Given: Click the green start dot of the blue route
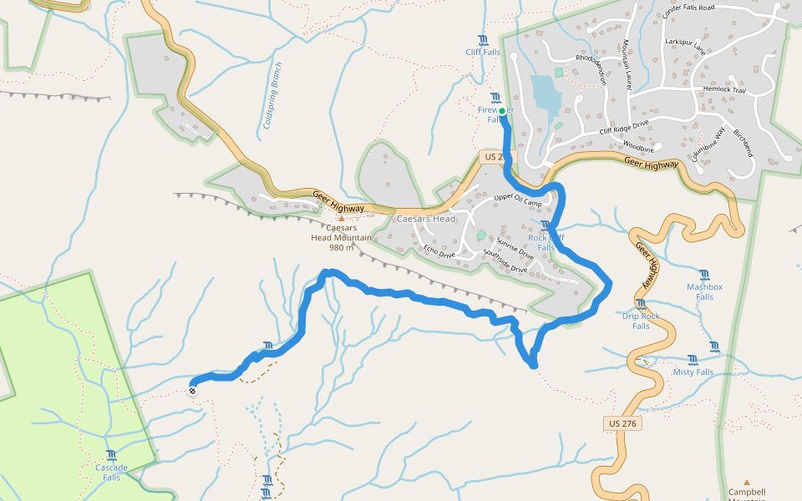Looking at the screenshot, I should click(502, 111).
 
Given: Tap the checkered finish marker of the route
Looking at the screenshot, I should click(193, 390).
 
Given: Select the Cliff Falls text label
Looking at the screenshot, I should click(483, 52).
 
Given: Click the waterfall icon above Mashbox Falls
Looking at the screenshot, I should click(704, 275).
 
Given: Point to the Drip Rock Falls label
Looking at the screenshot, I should click(641, 321).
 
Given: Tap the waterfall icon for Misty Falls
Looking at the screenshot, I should click(693, 360).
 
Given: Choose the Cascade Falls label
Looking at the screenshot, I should click(111, 473).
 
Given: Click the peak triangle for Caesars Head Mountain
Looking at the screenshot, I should click(341, 219).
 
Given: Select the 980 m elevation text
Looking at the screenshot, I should click(342, 248).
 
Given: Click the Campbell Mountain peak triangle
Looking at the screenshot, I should click(747, 482).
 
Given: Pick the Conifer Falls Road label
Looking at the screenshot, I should click(687, 8).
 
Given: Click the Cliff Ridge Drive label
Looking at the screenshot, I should click(623, 128).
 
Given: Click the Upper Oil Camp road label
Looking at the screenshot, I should click(518, 201).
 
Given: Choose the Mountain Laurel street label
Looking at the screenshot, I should click(626, 64).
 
